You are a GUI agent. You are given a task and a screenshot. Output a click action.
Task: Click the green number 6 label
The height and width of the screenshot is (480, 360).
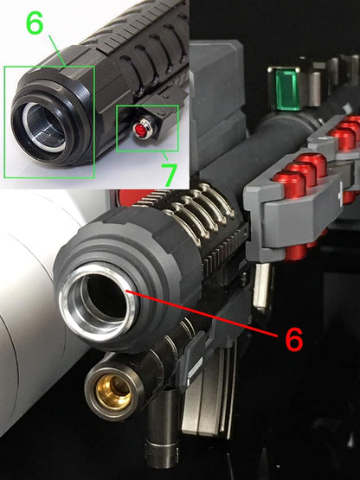click(x=35, y=23)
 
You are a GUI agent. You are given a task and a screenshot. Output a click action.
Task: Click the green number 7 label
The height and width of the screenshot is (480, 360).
click(x=170, y=174)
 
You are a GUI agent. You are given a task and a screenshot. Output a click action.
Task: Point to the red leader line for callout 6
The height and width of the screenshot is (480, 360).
click(x=202, y=313)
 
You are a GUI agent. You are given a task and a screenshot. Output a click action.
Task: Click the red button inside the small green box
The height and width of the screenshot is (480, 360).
click(x=142, y=129)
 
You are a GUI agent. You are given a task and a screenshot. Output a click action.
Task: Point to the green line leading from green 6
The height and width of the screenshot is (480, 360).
click(x=57, y=50)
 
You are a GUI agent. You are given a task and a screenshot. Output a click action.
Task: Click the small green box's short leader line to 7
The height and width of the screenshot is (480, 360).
click(x=164, y=157)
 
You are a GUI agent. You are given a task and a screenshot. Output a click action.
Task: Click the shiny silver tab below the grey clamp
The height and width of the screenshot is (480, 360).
click(x=261, y=285)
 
